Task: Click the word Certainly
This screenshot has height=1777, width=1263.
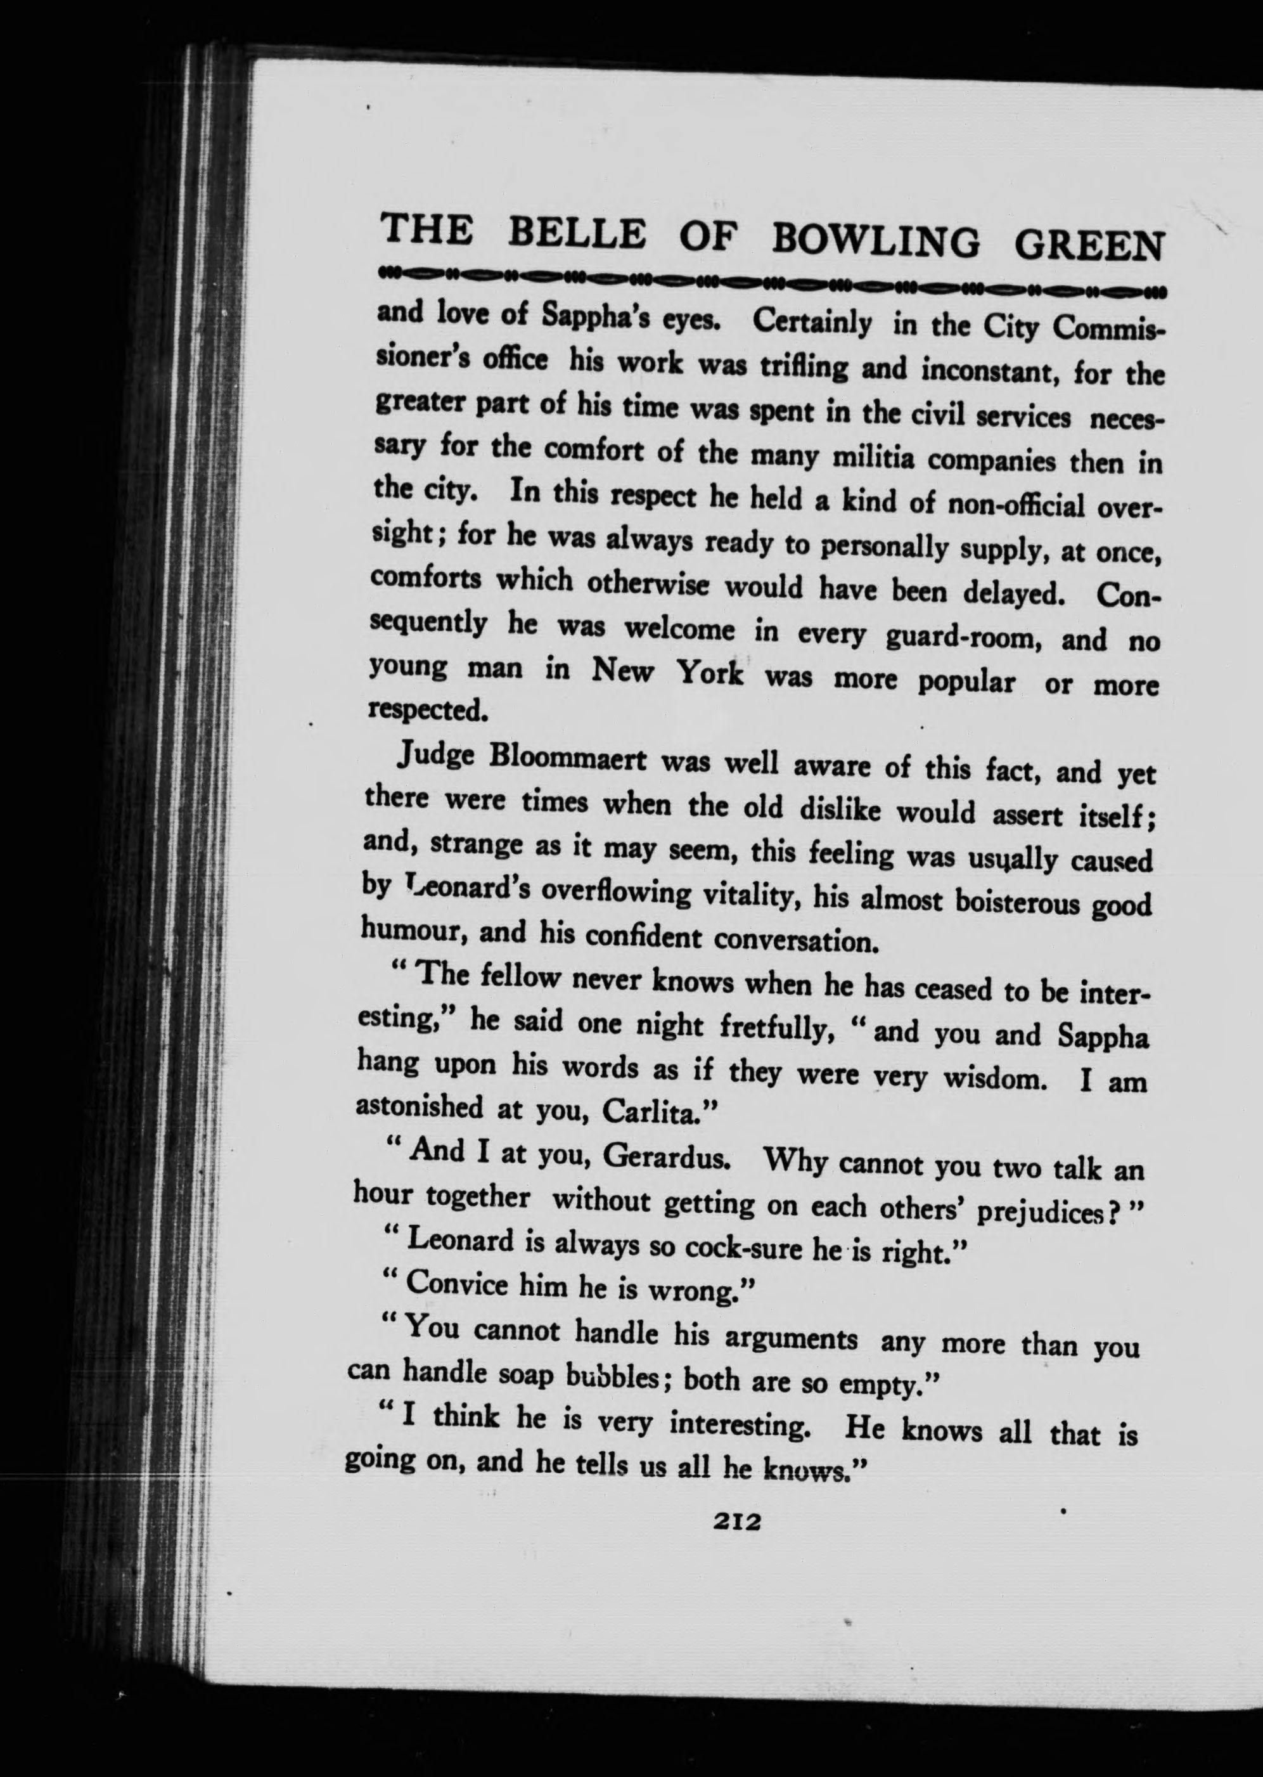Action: (x=812, y=323)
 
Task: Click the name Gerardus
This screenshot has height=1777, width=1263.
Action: (x=665, y=1156)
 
